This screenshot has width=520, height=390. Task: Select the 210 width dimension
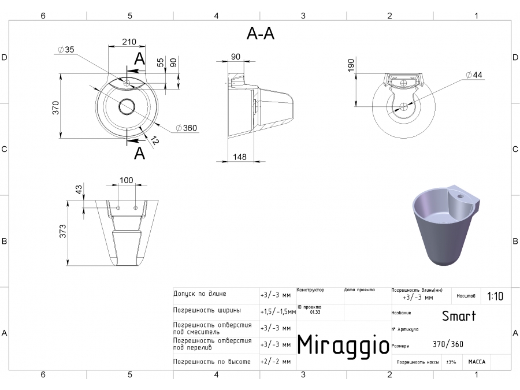click(129, 42)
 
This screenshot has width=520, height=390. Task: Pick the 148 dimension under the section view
click(240, 157)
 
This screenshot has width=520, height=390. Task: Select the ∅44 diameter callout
click(473, 75)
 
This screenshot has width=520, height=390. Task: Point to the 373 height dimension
click(63, 231)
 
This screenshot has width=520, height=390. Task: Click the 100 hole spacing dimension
click(126, 181)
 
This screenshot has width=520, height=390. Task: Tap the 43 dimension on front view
click(79, 189)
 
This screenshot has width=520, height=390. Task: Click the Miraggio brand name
click(343, 344)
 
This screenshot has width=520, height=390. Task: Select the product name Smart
click(459, 316)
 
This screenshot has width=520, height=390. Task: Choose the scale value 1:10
click(495, 296)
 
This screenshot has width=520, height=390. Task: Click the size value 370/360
click(448, 344)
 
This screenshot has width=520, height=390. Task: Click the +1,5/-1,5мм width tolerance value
click(278, 311)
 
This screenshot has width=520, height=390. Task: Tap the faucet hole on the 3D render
click(461, 196)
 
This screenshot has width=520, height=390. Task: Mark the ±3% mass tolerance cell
click(451, 362)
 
